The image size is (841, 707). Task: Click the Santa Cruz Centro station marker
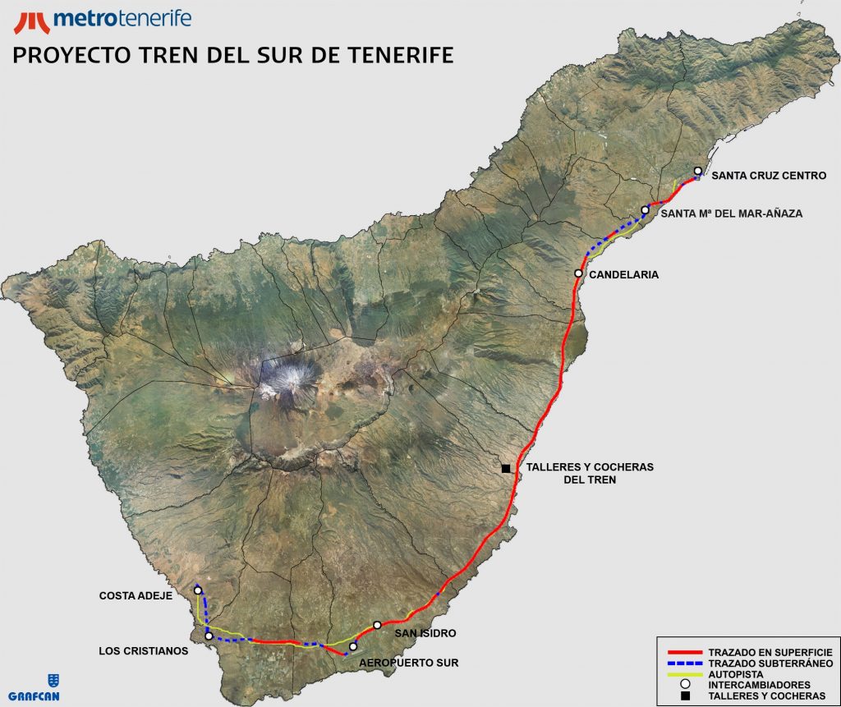[x=698, y=172]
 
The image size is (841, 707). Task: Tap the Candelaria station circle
[x=579, y=273]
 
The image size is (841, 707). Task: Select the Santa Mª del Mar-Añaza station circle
[x=646, y=210]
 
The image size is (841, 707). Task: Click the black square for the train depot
[x=506, y=469]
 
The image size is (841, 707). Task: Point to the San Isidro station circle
[x=377, y=625]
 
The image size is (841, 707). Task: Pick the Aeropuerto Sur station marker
[x=353, y=647]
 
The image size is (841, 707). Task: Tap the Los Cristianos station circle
[x=209, y=636]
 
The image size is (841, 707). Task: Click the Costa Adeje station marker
[x=198, y=590]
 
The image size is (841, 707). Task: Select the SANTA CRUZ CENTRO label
[x=769, y=175]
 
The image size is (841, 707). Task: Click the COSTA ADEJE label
[x=136, y=596]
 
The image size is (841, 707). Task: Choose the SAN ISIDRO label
[x=425, y=634]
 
